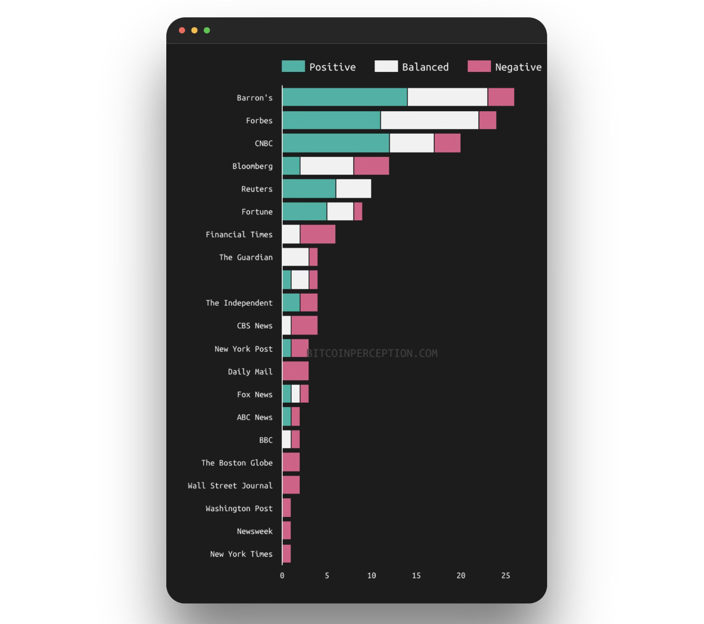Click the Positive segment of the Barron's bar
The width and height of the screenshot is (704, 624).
345,97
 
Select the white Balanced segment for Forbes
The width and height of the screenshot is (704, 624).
430,120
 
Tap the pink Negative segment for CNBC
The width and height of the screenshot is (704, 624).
447,143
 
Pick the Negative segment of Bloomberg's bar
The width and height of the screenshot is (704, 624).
371,166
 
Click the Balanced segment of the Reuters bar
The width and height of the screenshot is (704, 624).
354,189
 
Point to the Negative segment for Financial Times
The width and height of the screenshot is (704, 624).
317,234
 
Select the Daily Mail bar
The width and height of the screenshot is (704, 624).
295,371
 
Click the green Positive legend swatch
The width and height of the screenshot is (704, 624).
293,67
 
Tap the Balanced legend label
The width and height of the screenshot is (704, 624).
425,67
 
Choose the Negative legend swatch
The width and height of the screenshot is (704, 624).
479,67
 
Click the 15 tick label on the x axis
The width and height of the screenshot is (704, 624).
416,576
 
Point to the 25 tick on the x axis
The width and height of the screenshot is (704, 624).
505,576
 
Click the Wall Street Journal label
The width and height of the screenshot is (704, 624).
230,486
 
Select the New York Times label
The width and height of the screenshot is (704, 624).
241,554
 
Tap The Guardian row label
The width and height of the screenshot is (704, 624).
246,257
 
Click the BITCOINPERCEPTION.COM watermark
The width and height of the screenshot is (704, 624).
372,353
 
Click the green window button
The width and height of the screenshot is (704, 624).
207,30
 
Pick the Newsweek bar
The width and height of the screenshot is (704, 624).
286,531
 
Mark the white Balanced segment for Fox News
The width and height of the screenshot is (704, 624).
295,394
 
